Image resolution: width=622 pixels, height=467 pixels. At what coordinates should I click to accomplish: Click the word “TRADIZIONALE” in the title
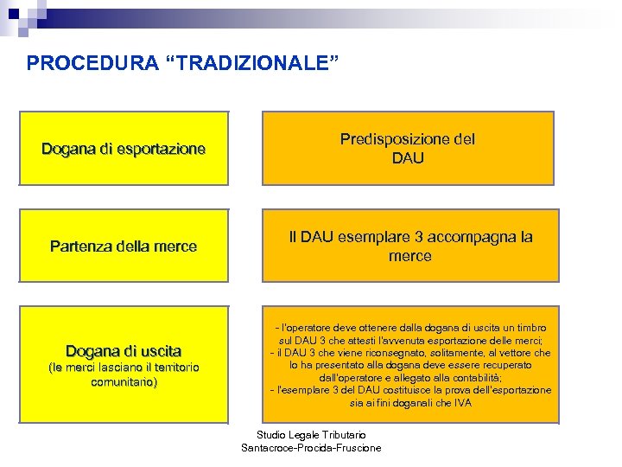[x=251, y=63]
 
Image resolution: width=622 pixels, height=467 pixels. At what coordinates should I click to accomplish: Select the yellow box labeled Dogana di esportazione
[x=124, y=148]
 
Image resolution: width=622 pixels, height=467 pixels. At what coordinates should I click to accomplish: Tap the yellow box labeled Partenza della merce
[x=124, y=246]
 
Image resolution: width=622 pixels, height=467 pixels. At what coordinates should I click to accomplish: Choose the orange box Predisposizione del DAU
[x=408, y=148]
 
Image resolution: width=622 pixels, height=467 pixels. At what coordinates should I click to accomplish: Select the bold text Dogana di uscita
[x=124, y=351]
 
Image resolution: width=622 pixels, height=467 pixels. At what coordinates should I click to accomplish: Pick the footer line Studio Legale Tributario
[x=311, y=434]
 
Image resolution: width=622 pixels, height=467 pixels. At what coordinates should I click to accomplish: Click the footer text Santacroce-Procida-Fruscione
[x=311, y=447]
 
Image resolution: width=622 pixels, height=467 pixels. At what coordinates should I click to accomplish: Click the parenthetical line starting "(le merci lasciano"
[x=124, y=368]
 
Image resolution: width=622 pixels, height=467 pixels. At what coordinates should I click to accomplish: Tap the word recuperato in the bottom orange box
[x=509, y=366]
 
